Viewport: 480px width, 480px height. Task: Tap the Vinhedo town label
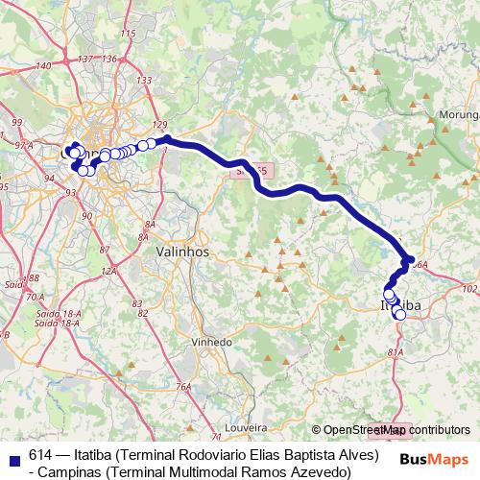click(212, 342)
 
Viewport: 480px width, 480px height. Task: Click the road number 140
click(42, 65)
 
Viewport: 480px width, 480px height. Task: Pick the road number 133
click(147, 80)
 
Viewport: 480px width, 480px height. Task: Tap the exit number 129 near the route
click(159, 126)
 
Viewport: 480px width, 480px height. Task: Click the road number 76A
click(182, 388)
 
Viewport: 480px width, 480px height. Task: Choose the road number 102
click(468, 288)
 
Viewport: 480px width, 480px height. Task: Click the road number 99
click(17, 123)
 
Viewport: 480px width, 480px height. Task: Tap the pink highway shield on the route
click(251, 169)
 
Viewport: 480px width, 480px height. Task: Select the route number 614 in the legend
click(40, 455)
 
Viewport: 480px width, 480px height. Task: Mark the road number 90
click(87, 216)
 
